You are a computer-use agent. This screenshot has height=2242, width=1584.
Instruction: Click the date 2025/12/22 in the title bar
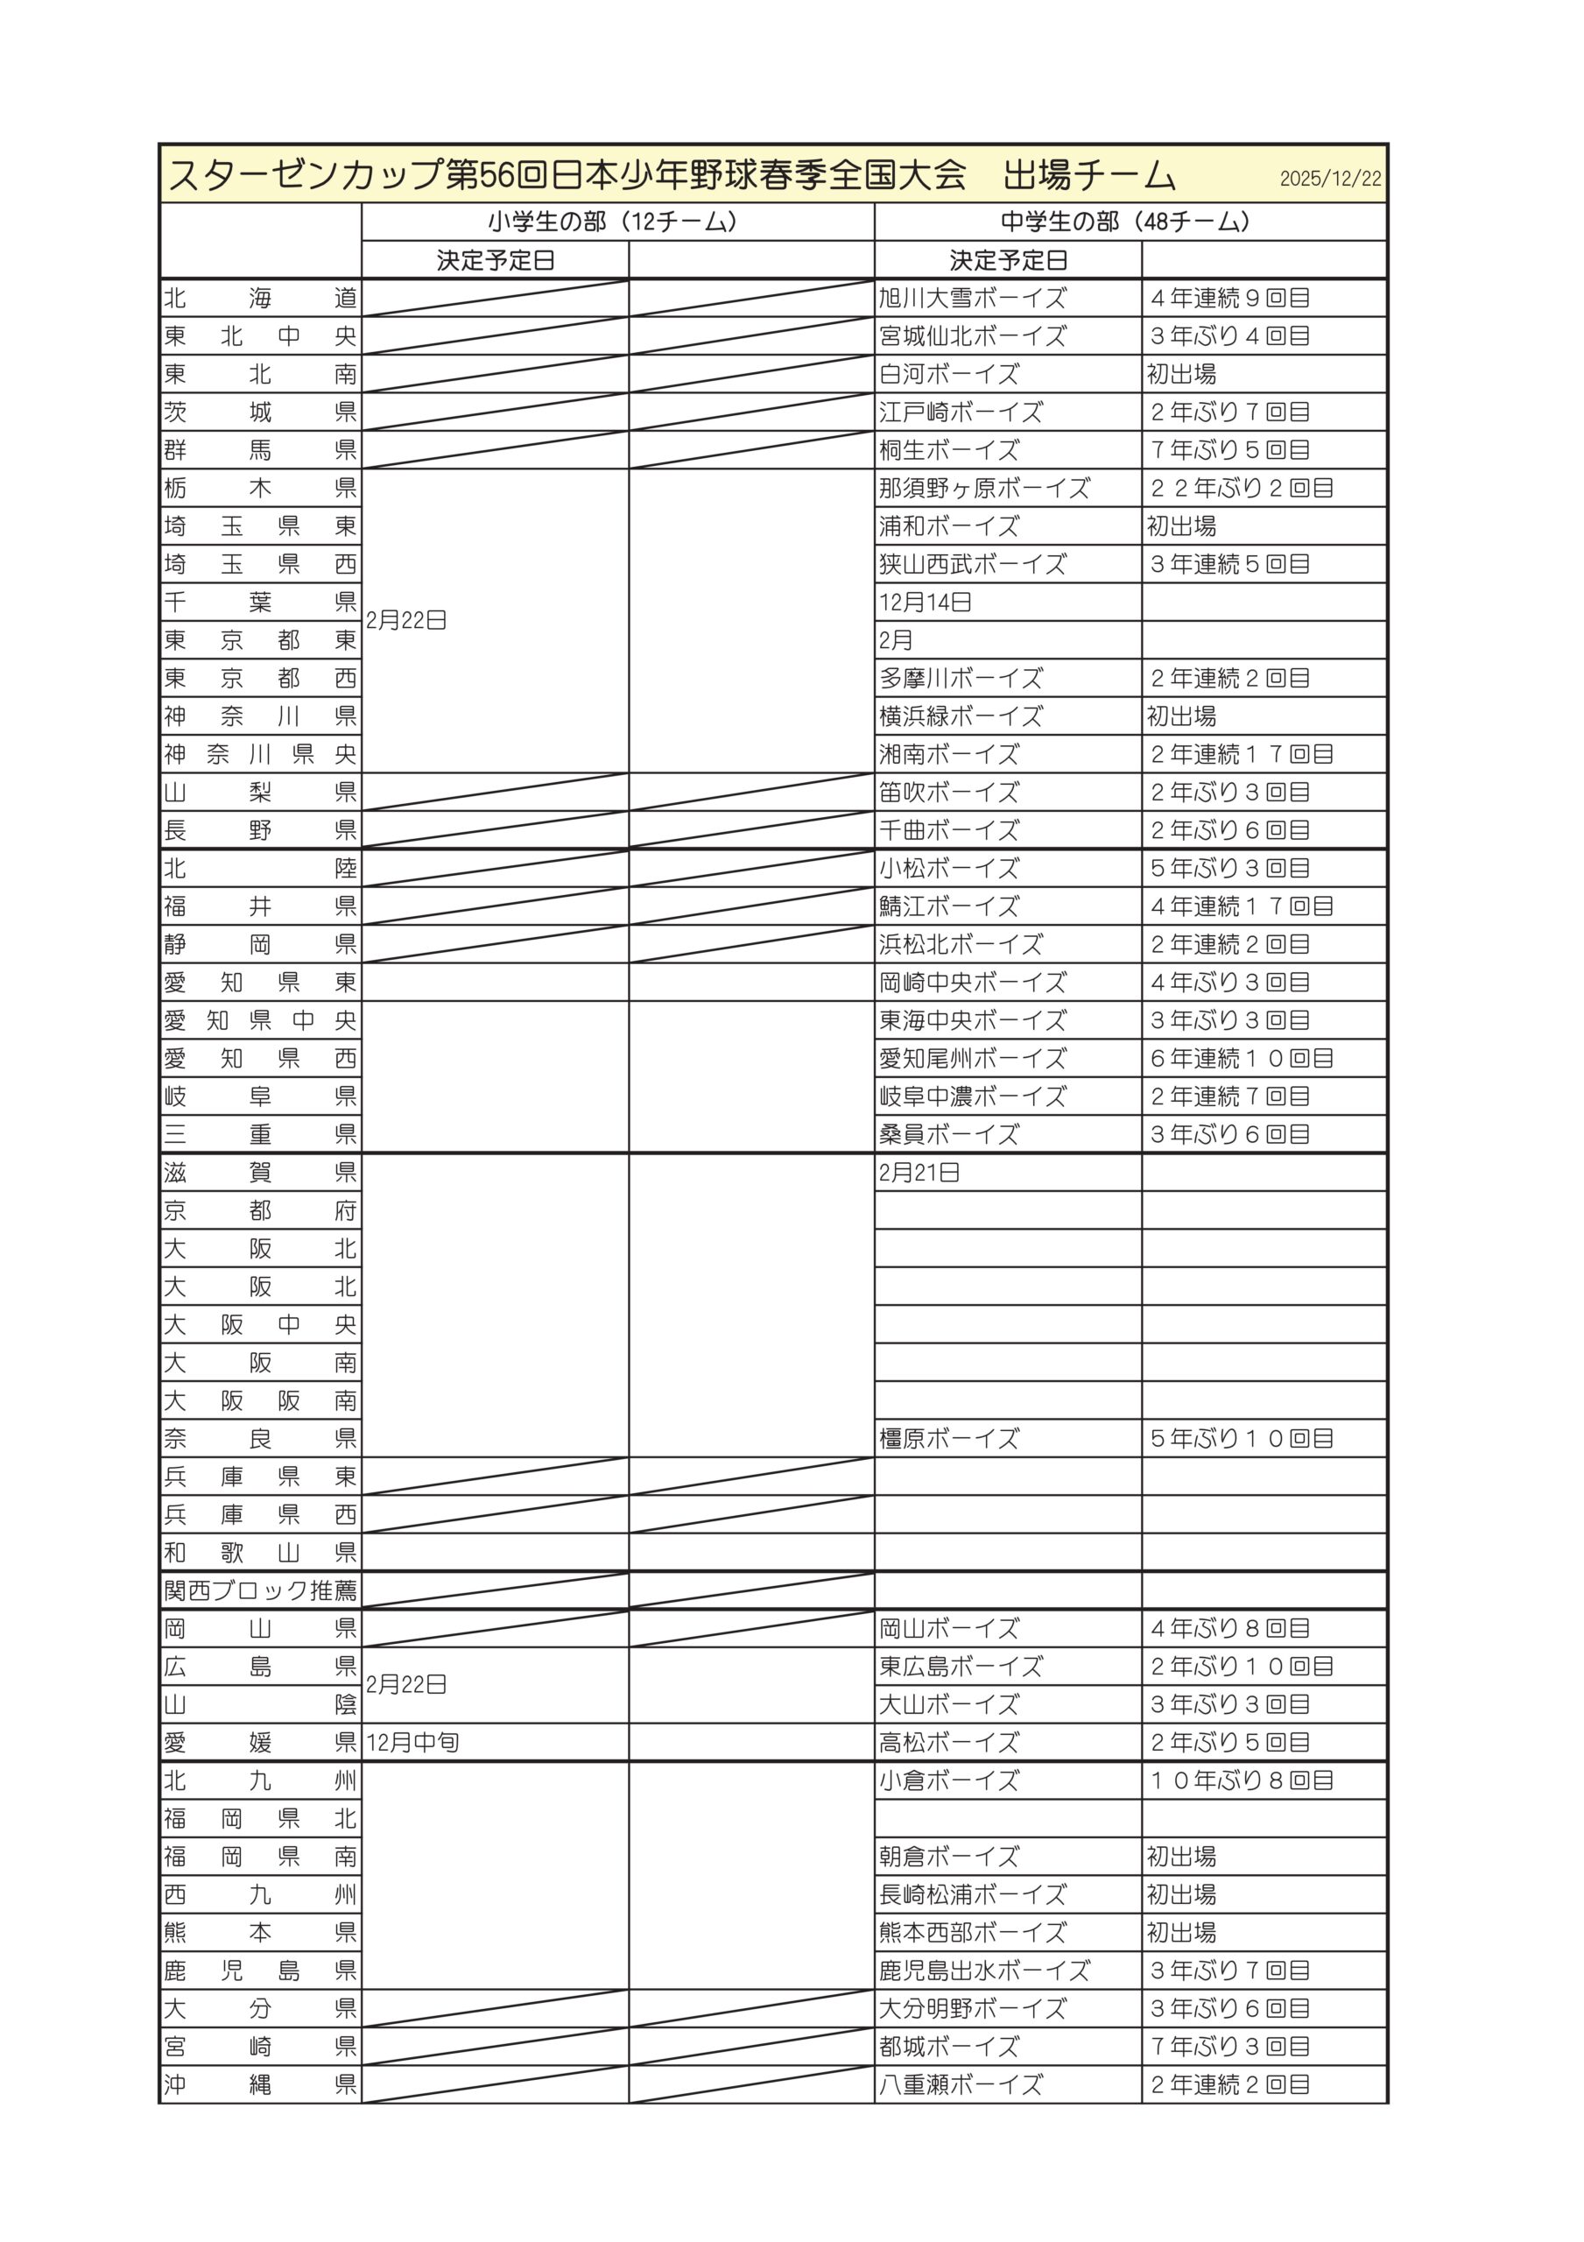[1330, 179]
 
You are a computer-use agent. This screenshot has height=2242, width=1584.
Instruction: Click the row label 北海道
[260, 298]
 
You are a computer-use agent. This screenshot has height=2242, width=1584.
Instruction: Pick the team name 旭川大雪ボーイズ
[972, 298]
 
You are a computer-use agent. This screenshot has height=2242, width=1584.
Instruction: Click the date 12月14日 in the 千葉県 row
[925, 603]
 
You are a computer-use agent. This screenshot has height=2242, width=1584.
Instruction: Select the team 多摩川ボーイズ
[960, 679]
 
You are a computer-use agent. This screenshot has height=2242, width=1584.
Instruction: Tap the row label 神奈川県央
[260, 755]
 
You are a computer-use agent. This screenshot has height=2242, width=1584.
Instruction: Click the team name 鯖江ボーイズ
[948, 906]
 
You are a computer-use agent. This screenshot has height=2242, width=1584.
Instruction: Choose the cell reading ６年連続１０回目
[1242, 1059]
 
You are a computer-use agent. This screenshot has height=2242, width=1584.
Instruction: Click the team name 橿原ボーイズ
[948, 1438]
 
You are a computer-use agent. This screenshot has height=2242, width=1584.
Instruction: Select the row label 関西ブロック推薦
[260, 1590]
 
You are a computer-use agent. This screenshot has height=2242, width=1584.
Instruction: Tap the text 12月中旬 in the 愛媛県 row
[412, 1742]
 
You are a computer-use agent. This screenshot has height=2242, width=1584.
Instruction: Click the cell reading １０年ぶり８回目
[1242, 1780]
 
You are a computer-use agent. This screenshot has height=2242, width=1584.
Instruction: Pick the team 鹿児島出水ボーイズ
[983, 1971]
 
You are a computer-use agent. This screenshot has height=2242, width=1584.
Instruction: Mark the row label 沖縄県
[260, 2084]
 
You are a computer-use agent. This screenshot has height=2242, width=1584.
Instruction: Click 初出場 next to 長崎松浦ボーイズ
[1182, 1894]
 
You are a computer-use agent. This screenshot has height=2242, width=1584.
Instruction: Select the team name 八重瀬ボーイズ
[960, 2084]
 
